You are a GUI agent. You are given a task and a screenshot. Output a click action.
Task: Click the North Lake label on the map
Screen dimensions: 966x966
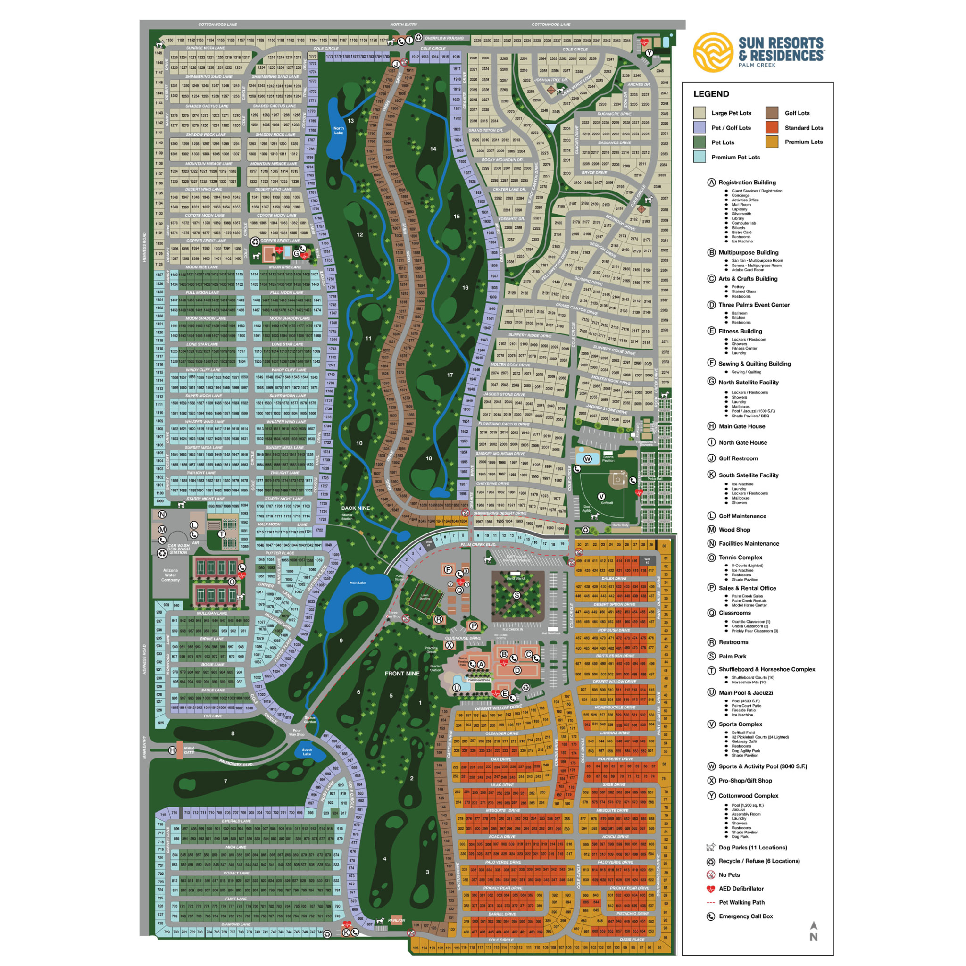(339, 131)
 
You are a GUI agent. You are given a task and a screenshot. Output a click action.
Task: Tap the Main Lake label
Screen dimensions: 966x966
(358, 583)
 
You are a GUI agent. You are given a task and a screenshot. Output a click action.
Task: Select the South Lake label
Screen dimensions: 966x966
(307, 751)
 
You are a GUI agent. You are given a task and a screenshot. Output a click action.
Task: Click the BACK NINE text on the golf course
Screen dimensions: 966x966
(356, 508)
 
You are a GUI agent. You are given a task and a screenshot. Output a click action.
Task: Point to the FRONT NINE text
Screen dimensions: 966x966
(402, 674)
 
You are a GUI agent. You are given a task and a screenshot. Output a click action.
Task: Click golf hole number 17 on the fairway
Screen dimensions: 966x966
(450, 375)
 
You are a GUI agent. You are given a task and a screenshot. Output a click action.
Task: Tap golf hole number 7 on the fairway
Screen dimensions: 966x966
(225, 781)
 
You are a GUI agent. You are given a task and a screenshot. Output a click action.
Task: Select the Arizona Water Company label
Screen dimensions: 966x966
(170, 575)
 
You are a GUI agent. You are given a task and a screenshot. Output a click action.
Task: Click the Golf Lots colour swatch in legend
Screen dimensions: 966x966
(772, 113)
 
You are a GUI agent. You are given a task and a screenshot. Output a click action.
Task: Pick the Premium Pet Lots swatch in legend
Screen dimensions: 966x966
(700, 157)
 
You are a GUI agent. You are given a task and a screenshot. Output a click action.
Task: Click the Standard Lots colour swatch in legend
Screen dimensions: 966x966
(772, 127)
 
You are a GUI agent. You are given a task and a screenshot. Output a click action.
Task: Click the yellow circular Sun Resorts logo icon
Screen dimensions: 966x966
(713, 52)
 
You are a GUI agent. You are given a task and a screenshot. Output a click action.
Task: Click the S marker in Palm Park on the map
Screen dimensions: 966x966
(517, 595)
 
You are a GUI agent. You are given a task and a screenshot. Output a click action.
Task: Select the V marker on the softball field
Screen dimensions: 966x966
(601, 496)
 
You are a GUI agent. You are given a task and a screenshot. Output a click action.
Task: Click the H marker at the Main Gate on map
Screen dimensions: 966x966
(173, 750)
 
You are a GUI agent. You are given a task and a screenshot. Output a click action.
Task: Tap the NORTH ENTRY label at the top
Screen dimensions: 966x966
(403, 25)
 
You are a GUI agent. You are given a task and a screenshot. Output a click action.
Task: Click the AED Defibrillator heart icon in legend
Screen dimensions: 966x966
(710, 889)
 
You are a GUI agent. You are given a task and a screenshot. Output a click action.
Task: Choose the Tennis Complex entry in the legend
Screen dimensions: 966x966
(740, 558)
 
